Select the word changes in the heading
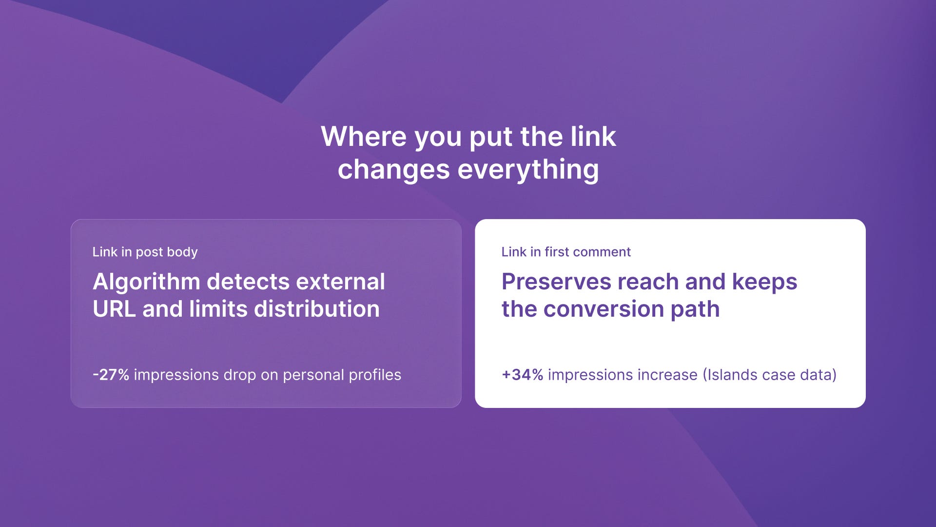click(x=394, y=170)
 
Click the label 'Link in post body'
click(x=145, y=252)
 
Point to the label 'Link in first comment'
click(x=566, y=252)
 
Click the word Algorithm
click(x=146, y=282)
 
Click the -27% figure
click(x=111, y=375)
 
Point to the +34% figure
click(x=522, y=375)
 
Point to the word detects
click(x=248, y=282)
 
